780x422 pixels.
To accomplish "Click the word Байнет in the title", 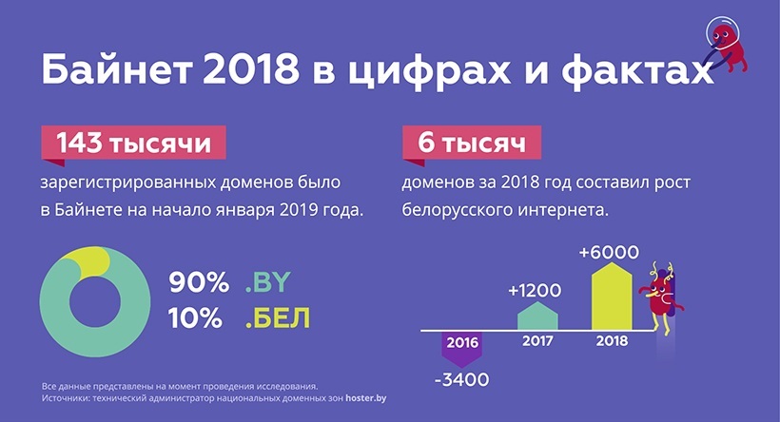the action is coord(117,69).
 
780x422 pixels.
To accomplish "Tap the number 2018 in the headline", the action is coord(251,70).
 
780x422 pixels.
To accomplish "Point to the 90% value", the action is coord(199,282).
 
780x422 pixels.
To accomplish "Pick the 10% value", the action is coord(195,317).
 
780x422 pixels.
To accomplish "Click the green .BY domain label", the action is coord(267,282).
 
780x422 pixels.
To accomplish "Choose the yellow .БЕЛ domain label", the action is coord(278,318).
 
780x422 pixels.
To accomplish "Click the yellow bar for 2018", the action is coord(612,297).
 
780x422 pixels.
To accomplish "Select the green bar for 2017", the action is coord(537,316).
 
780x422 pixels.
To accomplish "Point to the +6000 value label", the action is coord(609,252).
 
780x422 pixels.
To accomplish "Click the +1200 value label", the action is coord(535,290).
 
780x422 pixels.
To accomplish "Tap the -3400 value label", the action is coord(462,380).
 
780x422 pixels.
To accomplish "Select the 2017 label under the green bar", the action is coord(537,341).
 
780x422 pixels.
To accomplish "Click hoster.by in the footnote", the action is coord(365,398).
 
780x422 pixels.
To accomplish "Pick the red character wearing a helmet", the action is coord(726,48).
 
